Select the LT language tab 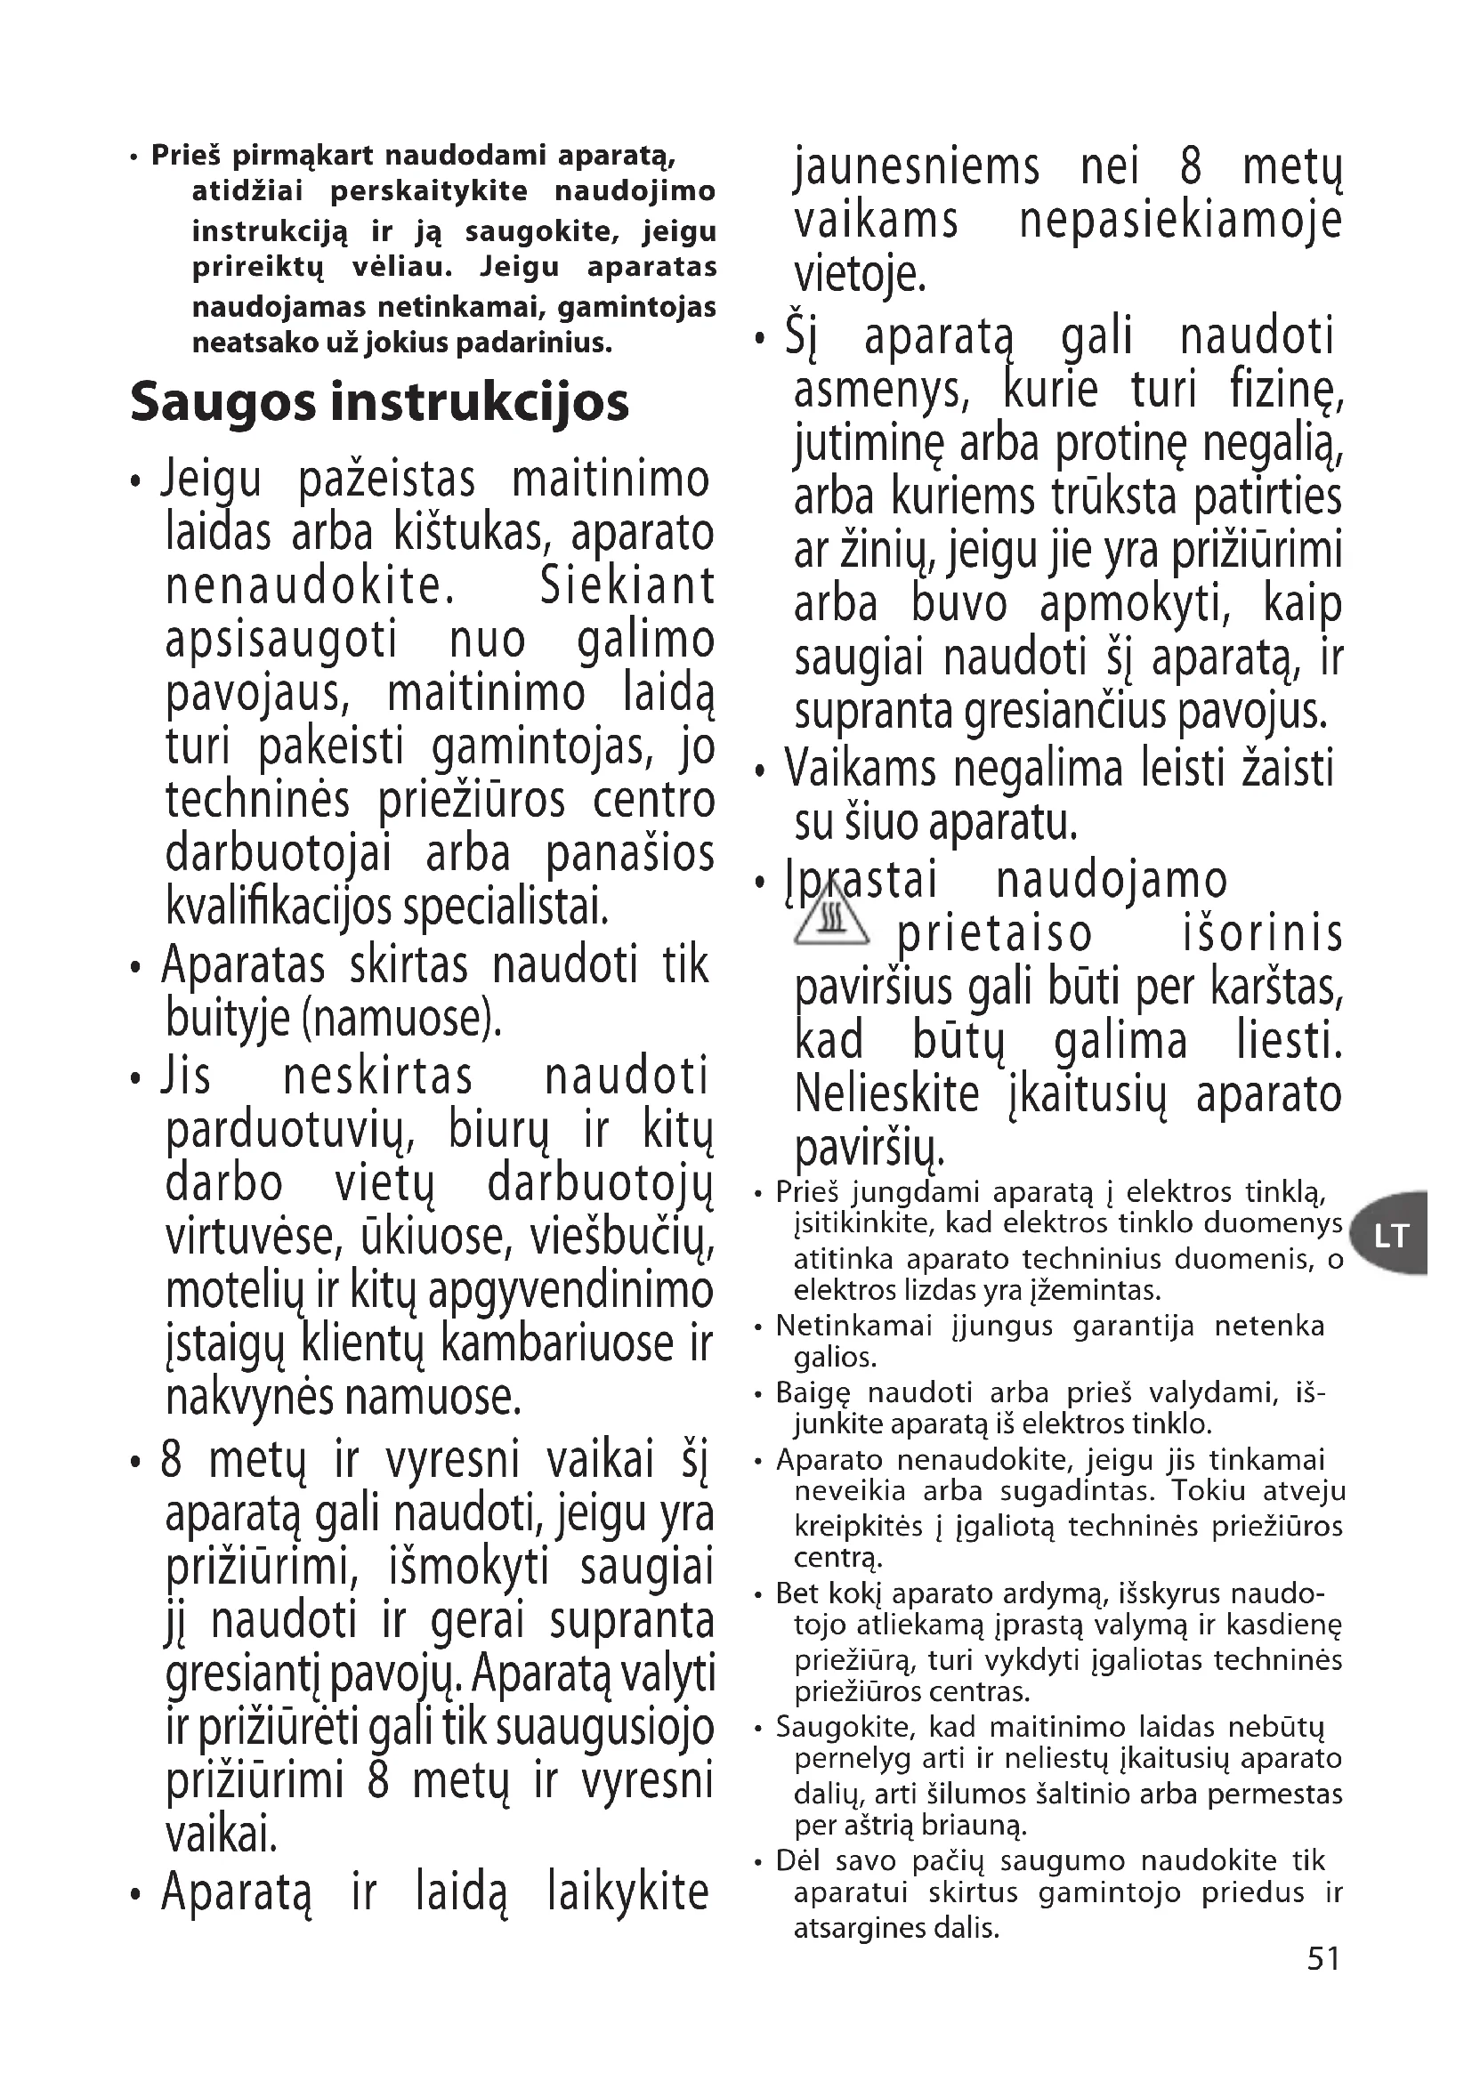coord(1390,1235)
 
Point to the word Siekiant coord(627,586)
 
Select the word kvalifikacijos coord(280,907)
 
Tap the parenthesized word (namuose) coord(401,1019)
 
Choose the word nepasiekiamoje coord(1180,221)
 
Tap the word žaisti coord(1286,769)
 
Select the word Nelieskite coord(887,1094)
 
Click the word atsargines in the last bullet coord(850,1928)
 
